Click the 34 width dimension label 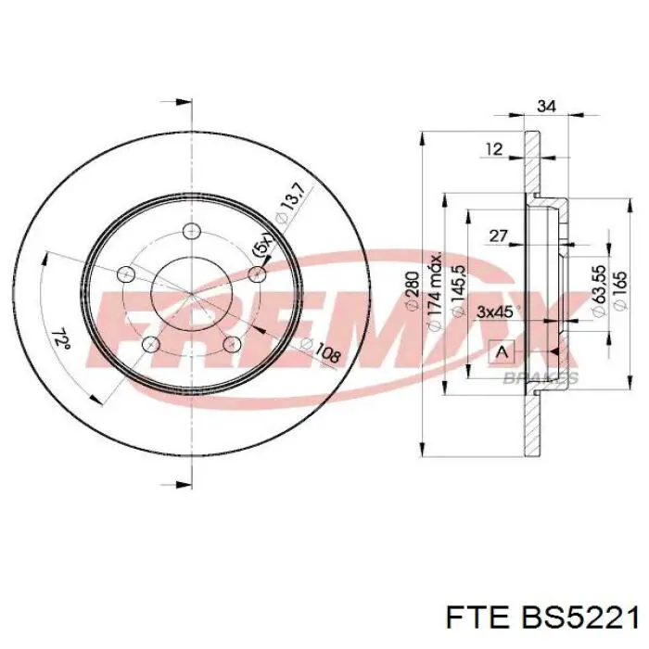[545, 107]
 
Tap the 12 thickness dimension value [494, 149]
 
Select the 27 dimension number [498, 235]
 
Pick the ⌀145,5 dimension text [459, 291]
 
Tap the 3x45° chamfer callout [496, 312]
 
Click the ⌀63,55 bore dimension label [600, 291]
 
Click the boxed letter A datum [503, 352]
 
